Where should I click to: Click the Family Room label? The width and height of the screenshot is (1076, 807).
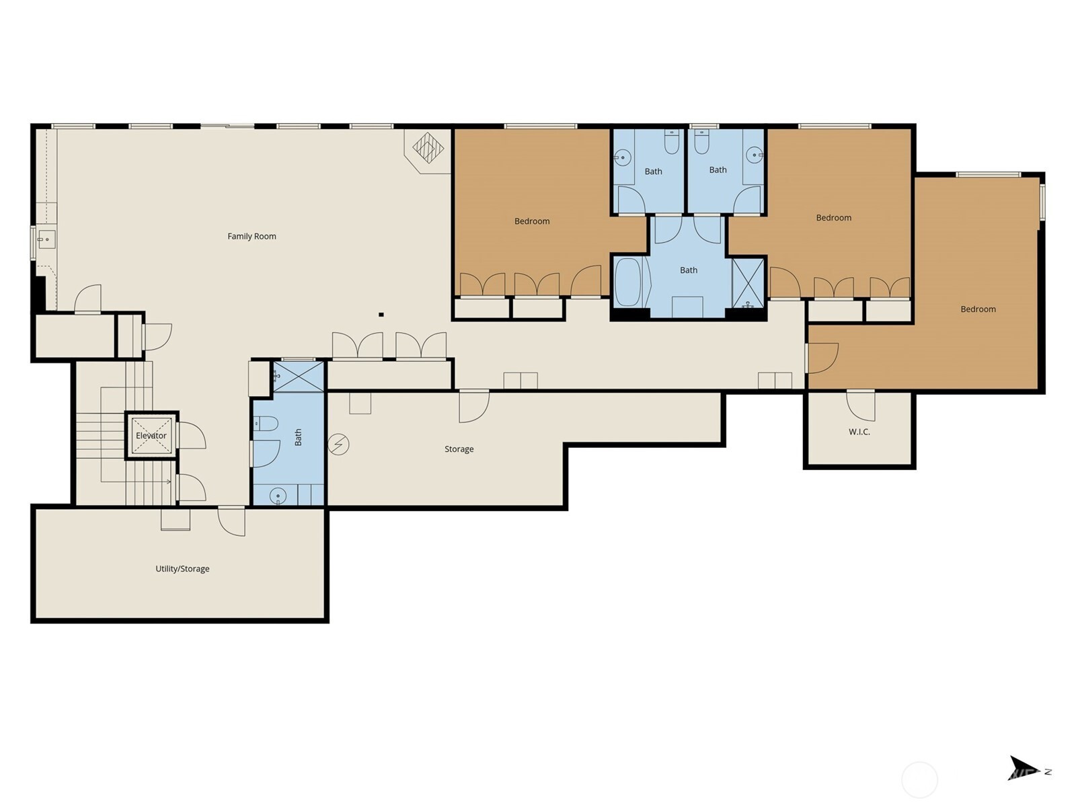pyautogui.click(x=252, y=236)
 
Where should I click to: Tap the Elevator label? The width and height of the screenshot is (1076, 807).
pyautogui.click(x=151, y=436)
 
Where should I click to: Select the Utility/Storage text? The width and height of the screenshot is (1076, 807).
pyautogui.click(x=182, y=569)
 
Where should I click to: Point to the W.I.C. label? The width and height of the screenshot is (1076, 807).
pyautogui.click(x=859, y=432)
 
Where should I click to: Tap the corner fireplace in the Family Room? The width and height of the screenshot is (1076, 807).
pyautogui.click(x=428, y=150)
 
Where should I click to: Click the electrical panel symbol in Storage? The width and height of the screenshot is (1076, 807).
pyautogui.click(x=338, y=445)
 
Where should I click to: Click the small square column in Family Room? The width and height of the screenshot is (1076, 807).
pyautogui.click(x=381, y=315)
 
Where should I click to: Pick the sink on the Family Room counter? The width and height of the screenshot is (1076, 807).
pyautogui.click(x=47, y=239)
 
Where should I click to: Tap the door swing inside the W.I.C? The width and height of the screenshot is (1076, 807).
pyautogui.click(x=861, y=406)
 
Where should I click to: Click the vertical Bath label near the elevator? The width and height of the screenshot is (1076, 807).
pyautogui.click(x=298, y=437)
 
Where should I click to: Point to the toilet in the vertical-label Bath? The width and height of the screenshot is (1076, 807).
pyautogui.click(x=266, y=423)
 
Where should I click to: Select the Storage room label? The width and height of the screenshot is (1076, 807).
pyautogui.click(x=459, y=449)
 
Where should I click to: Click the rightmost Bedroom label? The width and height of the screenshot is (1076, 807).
pyautogui.click(x=978, y=309)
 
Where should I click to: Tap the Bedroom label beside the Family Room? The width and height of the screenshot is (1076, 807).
pyautogui.click(x=532, y=221)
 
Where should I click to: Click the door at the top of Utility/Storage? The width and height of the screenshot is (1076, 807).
pyautogui.click(x=231, y=521)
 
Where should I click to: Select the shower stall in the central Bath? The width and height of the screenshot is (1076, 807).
pyautogui.click(x=748, y=282)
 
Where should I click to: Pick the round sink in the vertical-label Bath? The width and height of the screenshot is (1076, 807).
pyautogui.click(x=278, y=496)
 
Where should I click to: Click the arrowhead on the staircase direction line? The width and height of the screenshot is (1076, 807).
pyautogui.click(x=169, y=482)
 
